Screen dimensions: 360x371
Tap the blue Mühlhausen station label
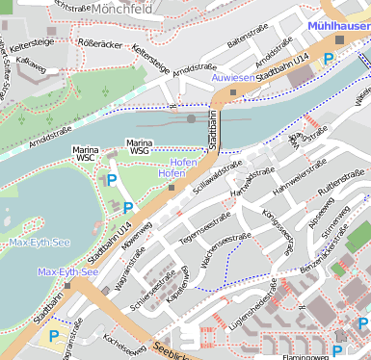click(338, 26)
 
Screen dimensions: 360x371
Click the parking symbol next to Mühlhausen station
click(330, 59)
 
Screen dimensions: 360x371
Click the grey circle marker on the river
click(192, 118)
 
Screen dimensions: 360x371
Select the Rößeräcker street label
click(98, 42)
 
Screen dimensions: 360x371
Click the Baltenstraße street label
click(247, 40)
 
